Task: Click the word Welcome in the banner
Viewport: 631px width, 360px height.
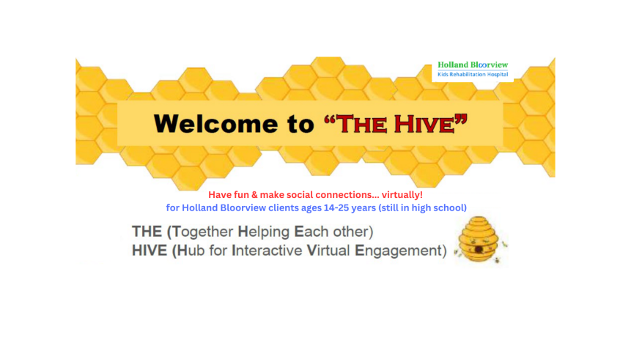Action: (x=215, y=124)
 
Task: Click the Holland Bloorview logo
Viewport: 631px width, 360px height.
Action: (x=473, y=69)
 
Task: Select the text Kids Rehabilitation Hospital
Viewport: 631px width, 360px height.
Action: (x=473, y=75)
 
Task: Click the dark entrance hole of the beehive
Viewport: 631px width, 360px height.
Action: (x=479, y=250)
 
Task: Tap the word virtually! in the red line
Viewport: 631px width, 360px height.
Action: (x=402, y=195)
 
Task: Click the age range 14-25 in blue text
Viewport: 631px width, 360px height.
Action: (x=336, y=207)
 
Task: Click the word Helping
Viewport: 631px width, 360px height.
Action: (x=264, y=232)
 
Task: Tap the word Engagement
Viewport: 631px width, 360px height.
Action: (x=399, y=251)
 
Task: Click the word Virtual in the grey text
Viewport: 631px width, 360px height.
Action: (x=328, y=251)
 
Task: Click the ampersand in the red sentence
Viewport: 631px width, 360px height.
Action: (x=254, y=195)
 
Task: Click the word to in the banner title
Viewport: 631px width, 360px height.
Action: (x=300, y=125)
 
